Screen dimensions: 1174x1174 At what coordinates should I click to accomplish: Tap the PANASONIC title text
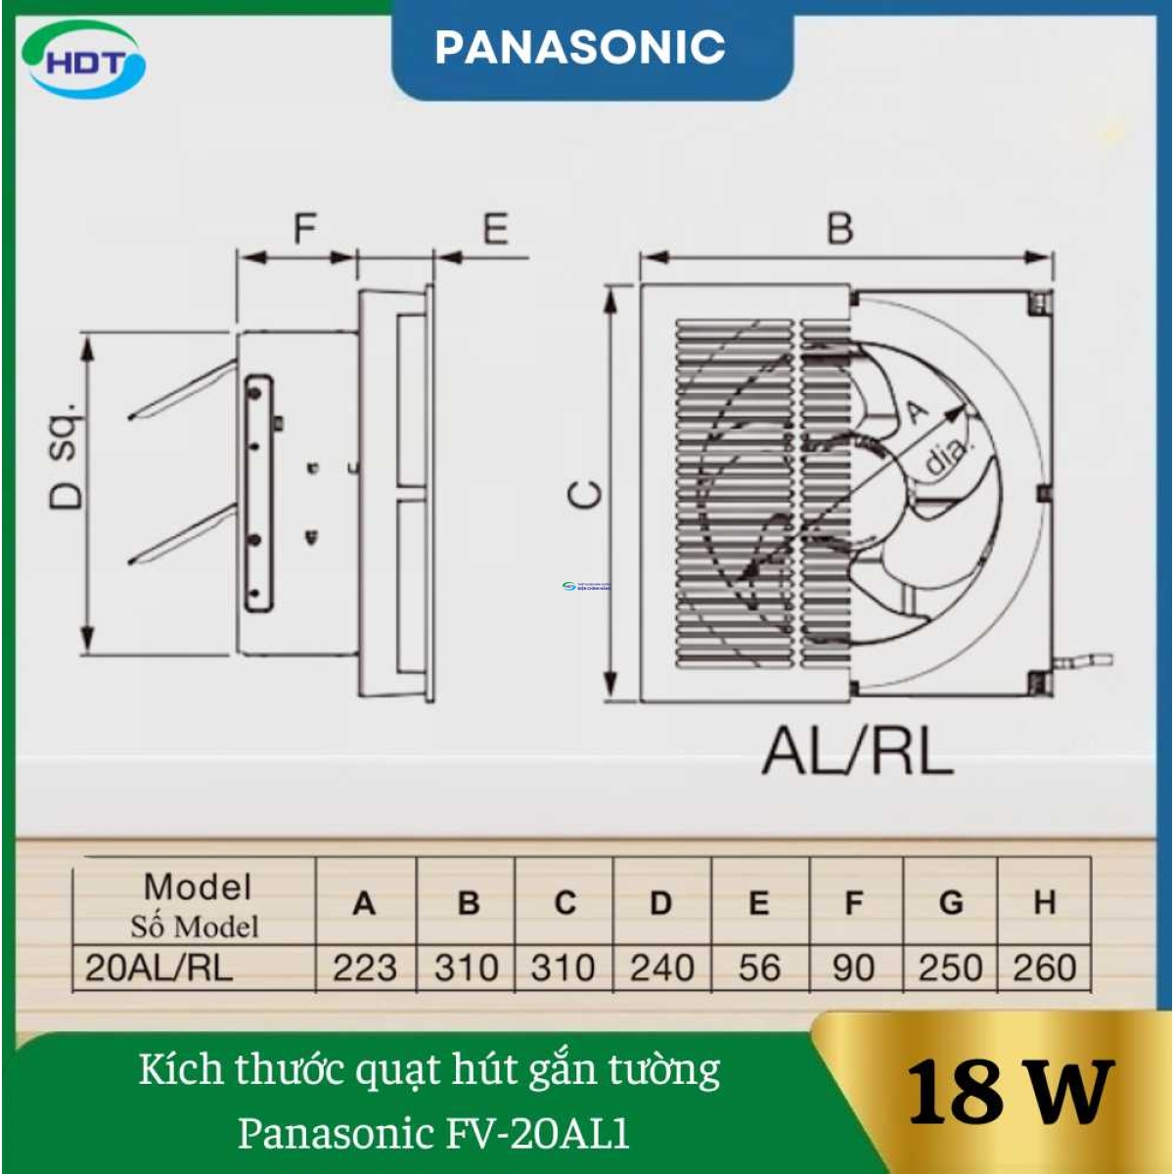[579, 47]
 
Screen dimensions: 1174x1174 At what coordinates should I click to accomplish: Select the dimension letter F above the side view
[305, 230]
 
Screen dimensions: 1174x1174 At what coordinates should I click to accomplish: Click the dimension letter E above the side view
[495, 230]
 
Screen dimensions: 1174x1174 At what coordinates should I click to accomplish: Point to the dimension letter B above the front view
[839, 228]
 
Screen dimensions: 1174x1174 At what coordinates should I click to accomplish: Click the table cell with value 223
[365, 969]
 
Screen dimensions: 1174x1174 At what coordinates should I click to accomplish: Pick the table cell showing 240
[661, 969]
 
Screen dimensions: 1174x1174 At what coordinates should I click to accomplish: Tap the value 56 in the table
[759, 969]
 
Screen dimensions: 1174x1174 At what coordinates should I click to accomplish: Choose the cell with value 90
[853, 969]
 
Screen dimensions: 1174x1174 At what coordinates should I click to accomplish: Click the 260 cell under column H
[1044, 969]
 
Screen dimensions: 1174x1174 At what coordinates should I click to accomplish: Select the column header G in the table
[950, 902]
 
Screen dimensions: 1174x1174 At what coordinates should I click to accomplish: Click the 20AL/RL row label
[159, 969]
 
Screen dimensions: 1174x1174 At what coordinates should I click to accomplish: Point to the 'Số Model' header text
[195, 926]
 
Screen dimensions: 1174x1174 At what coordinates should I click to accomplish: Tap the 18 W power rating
[1010, 1092]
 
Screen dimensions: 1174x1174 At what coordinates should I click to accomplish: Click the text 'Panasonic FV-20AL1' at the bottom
[433, 1133]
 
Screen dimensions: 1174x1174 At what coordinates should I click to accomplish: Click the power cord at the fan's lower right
[1086, 662]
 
